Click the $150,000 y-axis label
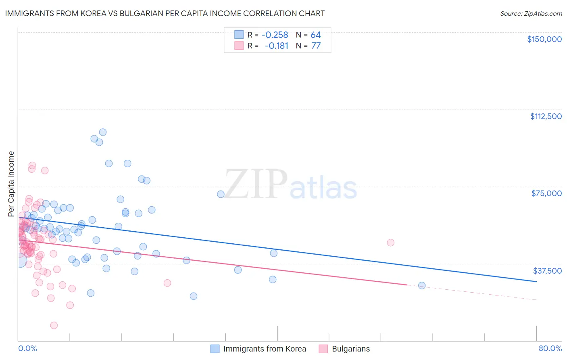coord(544,39)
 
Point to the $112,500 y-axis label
coord(546,116)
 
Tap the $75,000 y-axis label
coord(546,193)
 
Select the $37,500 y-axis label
coord(547,271)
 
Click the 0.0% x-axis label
coord(27,348)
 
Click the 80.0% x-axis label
coord(550,348)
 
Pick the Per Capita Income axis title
coord(11,184)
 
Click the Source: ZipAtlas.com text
coord(531,14)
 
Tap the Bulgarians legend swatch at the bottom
coord(323,349)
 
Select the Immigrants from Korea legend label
coord(265,349)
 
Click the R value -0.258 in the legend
coord(275,35)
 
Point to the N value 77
coord(316,46)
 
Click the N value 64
coord(316,35)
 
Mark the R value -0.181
coord(276,46)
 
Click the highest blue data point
coord(103,132)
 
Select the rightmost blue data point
coord(422,285)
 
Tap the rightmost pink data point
coord(390,243)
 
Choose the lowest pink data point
coord(54,325)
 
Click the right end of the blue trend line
coord(536,281)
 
